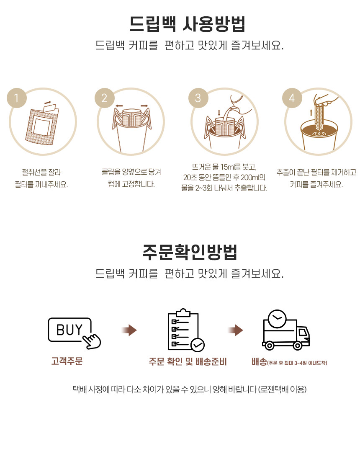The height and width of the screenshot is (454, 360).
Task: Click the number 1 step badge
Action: click(17, 98)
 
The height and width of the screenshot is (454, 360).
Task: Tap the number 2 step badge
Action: click(105, 98)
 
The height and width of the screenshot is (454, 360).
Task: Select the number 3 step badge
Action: click(198, 98)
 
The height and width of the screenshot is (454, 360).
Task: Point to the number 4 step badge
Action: click(292, 98)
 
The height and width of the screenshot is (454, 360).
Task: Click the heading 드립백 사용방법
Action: click(187, 24)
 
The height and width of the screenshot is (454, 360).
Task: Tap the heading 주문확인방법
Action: click(190, 252)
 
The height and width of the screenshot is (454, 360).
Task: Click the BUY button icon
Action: click(70, 330)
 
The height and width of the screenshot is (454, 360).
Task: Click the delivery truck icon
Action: click(285, 330)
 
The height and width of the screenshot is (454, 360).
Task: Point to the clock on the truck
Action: click(277, 319)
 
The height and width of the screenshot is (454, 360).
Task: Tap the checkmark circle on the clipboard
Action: click(198, 345)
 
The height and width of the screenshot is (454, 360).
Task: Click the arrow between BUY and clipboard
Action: click(129, 330)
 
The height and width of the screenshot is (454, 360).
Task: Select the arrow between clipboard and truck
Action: click(235, 330)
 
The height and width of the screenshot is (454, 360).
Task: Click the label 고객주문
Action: click(67, 361)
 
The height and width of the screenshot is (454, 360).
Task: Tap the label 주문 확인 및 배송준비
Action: click(188, 361)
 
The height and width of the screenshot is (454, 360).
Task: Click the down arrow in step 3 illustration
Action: click(219, 112)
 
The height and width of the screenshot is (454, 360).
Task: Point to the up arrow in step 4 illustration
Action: click(311, 112)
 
